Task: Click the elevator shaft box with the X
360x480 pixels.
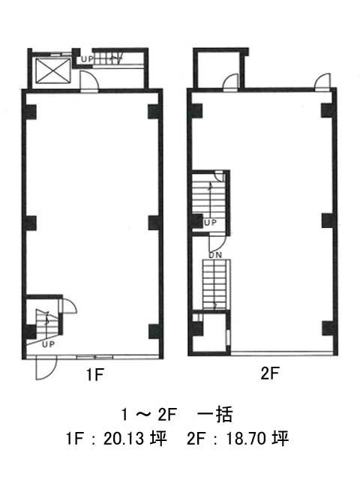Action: pos(53,70)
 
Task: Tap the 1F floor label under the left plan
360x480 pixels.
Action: pos(95,374)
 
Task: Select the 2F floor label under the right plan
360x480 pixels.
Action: pos(270,373)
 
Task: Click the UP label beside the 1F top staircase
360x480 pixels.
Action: pos(87,59)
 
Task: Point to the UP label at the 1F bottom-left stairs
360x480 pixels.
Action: pos(48,344)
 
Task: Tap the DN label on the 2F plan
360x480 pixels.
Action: pos(215,255)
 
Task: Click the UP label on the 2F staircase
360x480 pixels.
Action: pos(210,223)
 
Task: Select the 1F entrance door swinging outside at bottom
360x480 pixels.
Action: pos(46,367)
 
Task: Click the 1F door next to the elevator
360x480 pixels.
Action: pos(89,81)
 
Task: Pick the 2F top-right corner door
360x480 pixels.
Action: pos(323,82)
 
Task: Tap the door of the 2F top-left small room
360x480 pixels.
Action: pos(231,82)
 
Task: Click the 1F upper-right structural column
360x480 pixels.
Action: pos(153,112)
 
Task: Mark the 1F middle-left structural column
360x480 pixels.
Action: pos(31,223)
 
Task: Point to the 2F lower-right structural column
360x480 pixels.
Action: pos(327,328)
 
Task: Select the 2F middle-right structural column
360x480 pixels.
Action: pos(327,220)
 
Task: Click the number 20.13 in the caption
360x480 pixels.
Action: pos(124,439)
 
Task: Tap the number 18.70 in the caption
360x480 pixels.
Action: pos(246,439)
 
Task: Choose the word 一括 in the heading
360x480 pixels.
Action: pos(215,415)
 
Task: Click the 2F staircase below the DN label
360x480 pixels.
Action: pos(216,284)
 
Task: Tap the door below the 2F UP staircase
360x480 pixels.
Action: pos(217,242)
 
